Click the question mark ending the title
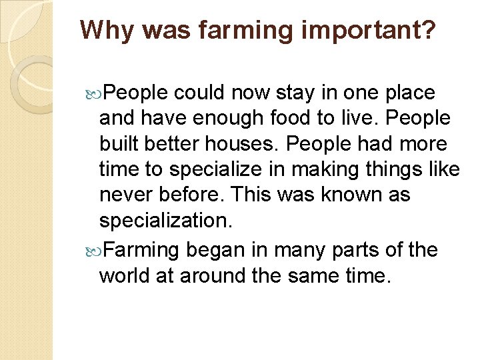pyautogui.click(x=429, y=29)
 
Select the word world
pyautogui.click(x=124, y=275)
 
